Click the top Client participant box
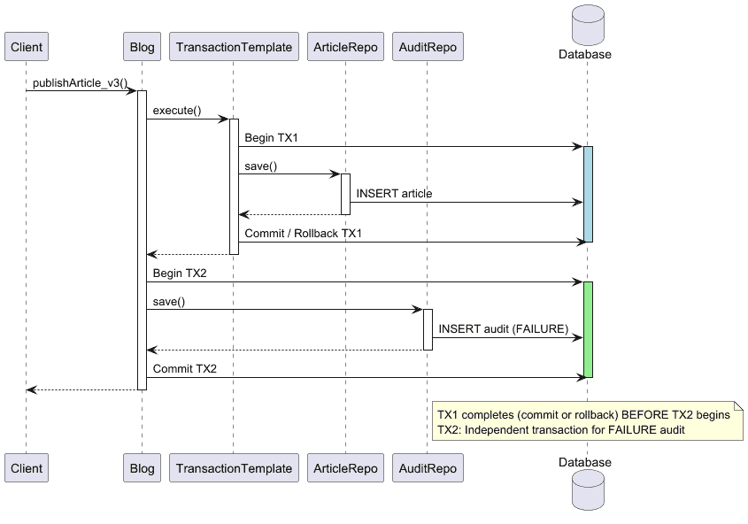pyautogui.click(x=26, y=47)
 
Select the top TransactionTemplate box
pyautogui.click(x=234, y=47)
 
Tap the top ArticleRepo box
pyautogui.click(x=344, y=47)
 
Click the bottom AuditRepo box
pyautogui.click(x=427, y=468)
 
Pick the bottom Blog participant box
pyautogui.click(x=142, y=468)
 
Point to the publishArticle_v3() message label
pyautogui.click(x=80, y=82)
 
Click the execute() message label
pyautogui.click(x=177, y=111)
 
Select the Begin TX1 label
pyautogui.click(x=271, y=139)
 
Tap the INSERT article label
pyautogui.click(x=395, y=193)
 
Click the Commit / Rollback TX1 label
pyautogui.click(x=304, y=234)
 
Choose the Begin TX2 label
pyautogui.click(x=180, y=274)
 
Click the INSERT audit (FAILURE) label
pyautogui.click(x=503, y=329)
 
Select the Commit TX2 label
pyautogui.click(x=185, y=368)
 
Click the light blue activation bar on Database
pyautogui.click(x=588, y=193)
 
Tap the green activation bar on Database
pyautogui.click(x=588, y=329)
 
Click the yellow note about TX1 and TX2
pyautogui.click(x=586, y=421)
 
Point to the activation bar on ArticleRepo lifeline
pyautogui.click(x=345, y=193)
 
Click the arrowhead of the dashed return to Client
pyautogui.click(x=31, y=389)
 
